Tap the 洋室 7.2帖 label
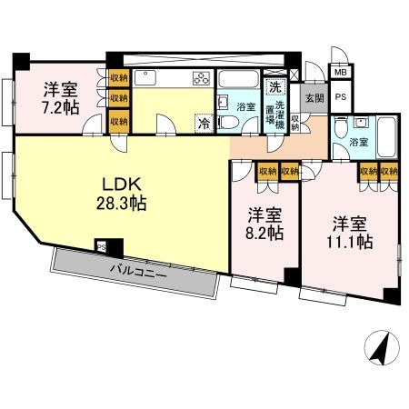(x=61, y=98)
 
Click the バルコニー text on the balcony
(x=139, y=270)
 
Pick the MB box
(x=340, y=72)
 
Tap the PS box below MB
(x=341, y=96)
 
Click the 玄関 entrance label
(x=314, y=97)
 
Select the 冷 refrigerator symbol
(x=204, y=122)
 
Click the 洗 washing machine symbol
(x=273, y=88)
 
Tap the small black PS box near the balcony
(x=102, y=244)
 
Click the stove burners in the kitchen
(x=201, y=77)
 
